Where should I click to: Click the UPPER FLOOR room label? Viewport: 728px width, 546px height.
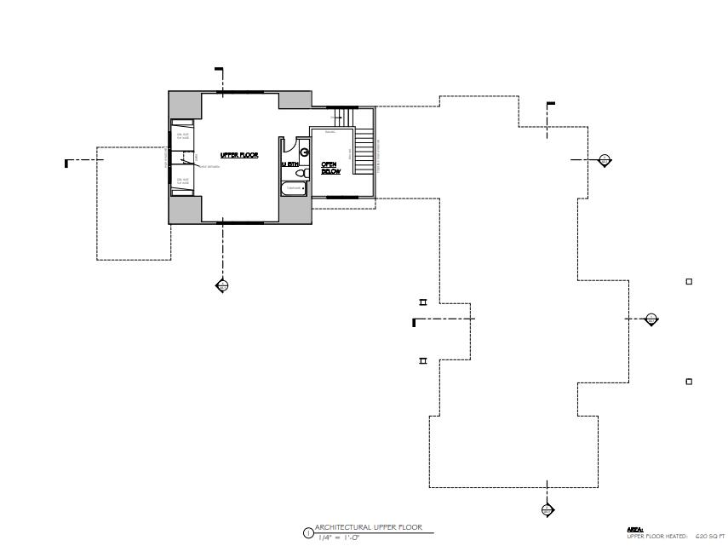tap(239, 155)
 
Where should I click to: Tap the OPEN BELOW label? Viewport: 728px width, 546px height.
tap(330, 168)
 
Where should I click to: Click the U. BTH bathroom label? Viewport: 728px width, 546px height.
tap(289, 164)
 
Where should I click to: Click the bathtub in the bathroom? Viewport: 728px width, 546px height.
tap(295, 187)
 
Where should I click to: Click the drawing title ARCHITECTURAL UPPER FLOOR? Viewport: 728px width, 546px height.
tap(368, 527)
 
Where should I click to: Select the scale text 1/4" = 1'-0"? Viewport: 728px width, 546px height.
tap(338, 537)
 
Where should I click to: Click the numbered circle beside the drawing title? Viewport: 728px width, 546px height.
tap(307, 533)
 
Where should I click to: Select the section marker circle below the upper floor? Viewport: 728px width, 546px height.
tap(222, 286)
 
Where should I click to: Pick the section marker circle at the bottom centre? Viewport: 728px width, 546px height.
tap(547, 510)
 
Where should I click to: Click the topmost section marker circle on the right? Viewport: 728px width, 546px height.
tap(605, 159)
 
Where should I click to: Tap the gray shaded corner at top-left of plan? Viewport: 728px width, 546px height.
tap(184, 106)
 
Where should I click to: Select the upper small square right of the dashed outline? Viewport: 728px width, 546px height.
tap(689, 282)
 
